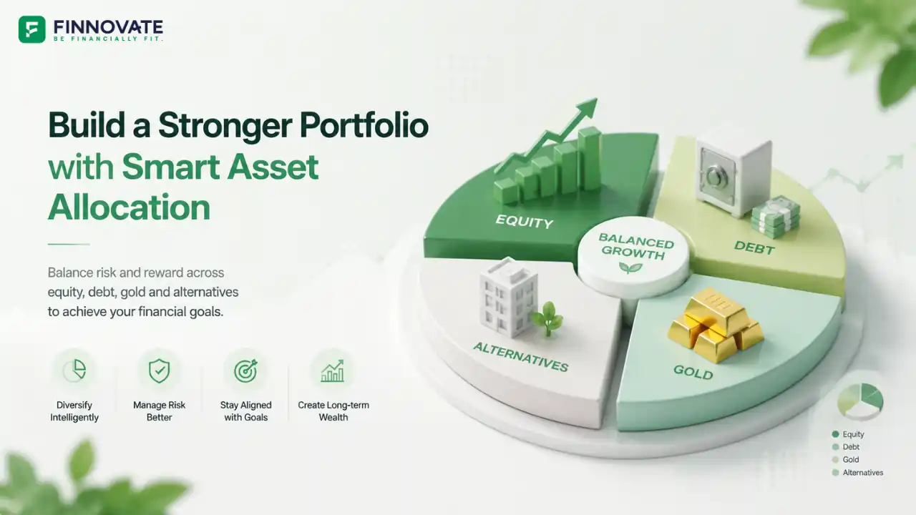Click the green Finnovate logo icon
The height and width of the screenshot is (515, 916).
coord(32,29)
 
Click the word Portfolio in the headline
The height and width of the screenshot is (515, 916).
coord(364,127)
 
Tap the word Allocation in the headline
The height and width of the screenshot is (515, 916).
coord(130,207)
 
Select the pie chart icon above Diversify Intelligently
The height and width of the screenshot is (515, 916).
coord(75,371)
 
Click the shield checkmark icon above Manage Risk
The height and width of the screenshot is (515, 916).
coord(159,371)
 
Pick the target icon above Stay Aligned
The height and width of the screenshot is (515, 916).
coord(245,371)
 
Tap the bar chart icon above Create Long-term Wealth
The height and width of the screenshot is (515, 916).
coord(333,371)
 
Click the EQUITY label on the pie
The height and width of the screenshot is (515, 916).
coord(525,222)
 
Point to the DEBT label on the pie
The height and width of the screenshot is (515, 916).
coord(754,247)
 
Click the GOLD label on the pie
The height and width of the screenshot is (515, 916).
coord(693,372)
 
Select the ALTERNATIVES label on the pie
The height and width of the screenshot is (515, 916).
coord(520,357)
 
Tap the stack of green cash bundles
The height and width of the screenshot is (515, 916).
coord(776,217)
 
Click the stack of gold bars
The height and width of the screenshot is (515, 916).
coord(716,325)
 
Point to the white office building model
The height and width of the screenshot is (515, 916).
coord(508,298)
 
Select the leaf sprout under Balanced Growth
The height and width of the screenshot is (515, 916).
coord(630,268)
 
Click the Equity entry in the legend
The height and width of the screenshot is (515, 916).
coord(848,434)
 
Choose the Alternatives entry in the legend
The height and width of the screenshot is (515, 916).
coord(857,473)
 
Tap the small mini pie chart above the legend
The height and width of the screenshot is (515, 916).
coord(860,402)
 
